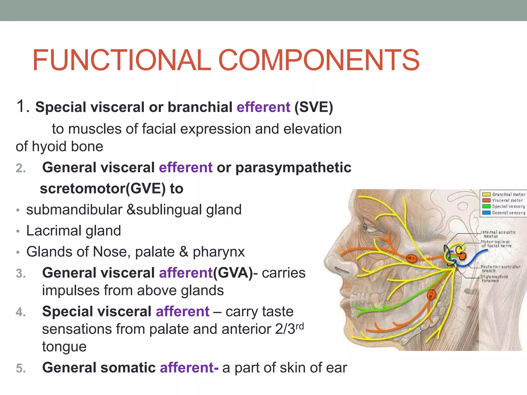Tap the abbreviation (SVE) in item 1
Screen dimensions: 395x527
(x=314, y=107)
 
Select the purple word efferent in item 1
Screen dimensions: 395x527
(x=263, y=107)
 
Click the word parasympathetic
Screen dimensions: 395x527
(x=293, y=168)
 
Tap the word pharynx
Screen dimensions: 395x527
(x=219, y=252)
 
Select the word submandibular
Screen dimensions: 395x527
(x=74, y=210)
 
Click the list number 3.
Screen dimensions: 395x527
(x=21, y=274)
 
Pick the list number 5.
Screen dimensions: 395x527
(x=21, y=368)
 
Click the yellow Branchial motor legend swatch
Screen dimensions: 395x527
(x=486, y=194)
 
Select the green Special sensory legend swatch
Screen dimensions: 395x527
(x=486, y=207)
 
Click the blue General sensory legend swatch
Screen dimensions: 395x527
(x=486, y=213)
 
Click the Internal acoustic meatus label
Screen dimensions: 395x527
(x=498, y=234)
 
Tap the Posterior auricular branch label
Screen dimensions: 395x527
(x=500, y=269)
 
